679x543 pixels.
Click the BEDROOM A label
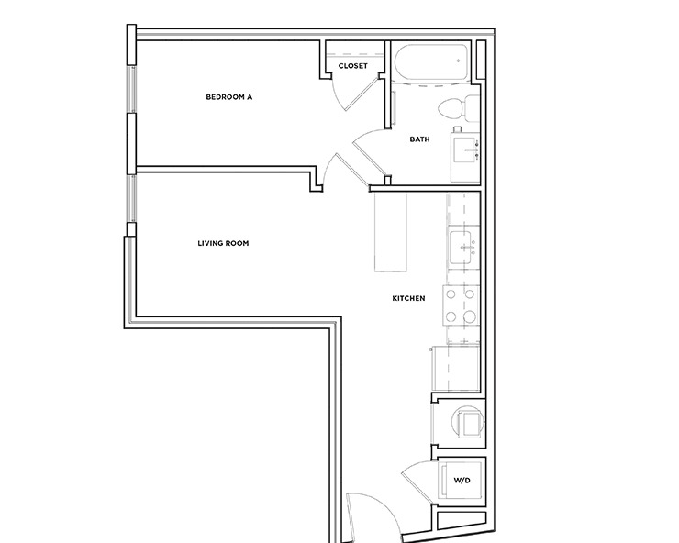[228, 95]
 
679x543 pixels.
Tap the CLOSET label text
[353, 66]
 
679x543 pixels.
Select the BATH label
[419, 139]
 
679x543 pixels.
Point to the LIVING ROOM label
[223, 243]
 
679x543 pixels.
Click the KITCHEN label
[408, 298]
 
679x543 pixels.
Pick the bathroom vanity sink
[465, 147]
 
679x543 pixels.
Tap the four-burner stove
[462, 306]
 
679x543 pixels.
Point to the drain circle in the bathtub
[459, 61]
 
